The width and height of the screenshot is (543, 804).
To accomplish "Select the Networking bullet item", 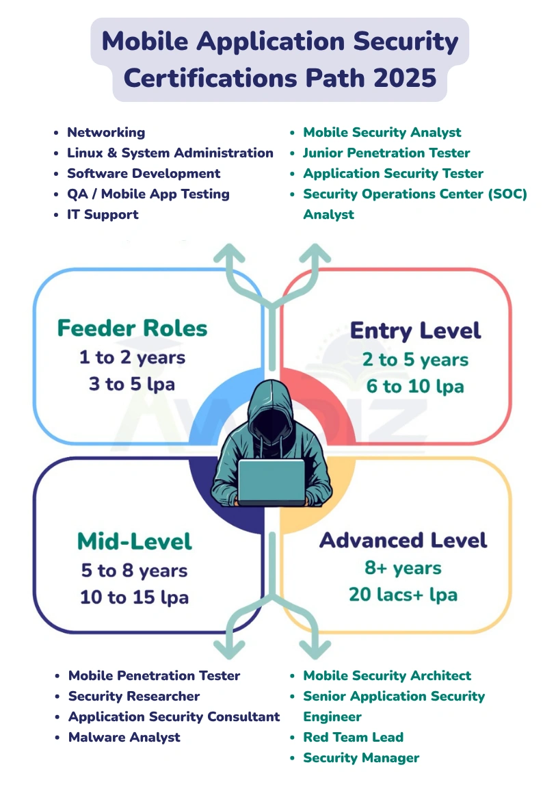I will click(106, 133).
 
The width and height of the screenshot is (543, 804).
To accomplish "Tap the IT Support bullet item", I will click(103, 215).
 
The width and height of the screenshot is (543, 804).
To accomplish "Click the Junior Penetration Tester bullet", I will click(386, 153).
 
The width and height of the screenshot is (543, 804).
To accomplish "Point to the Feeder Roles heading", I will click(132, 328).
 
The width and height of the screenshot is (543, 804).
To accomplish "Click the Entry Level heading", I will click(415, 331).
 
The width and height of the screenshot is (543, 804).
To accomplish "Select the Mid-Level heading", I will click(135, 542).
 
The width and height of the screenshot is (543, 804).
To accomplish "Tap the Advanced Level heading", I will click(403, 541).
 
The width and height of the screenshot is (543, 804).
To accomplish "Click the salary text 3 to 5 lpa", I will click(132, 385).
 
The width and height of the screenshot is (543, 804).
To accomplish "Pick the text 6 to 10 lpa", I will click(415, 387).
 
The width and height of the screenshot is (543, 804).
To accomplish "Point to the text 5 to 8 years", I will click(133, 571).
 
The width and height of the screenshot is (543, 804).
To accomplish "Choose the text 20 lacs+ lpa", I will click(403, 595).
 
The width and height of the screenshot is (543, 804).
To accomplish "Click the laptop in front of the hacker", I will click(271, 482).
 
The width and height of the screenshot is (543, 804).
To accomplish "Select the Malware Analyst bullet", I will click(124, 738).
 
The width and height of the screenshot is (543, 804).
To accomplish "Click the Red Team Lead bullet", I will click(353, 738).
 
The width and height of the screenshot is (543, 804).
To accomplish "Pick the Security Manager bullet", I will click(361, 758).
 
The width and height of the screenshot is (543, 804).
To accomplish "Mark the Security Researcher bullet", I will click(134, 697).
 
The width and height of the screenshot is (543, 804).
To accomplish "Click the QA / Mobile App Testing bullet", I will click(148, 194).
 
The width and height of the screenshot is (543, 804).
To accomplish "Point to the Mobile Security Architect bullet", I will click(387, 676).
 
